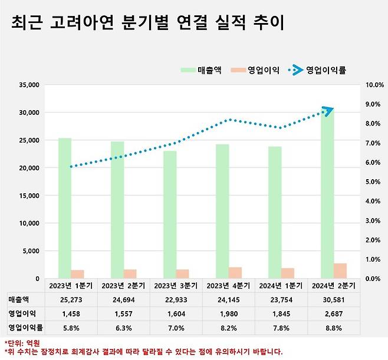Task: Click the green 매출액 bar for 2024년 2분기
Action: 327,194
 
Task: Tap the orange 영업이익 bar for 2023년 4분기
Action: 235,272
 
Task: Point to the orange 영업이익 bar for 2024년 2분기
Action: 340,270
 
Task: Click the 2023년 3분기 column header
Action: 175,285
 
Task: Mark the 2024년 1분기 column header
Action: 280,285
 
